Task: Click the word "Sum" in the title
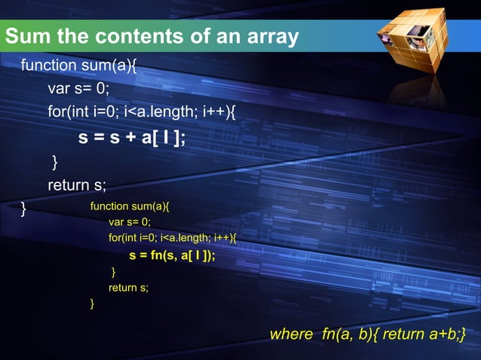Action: click(29, 36)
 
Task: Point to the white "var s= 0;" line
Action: click(78, 89)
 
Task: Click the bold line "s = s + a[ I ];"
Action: click(132, 138)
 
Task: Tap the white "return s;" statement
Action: click(77, 185)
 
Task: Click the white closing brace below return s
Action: click(24, 207)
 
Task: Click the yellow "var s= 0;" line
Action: click(130, 222)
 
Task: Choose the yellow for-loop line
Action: click(173, 238)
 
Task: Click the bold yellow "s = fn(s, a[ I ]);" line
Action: click(172, 255)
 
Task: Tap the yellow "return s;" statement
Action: click(129, 287)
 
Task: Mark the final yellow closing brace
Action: click(92, 304)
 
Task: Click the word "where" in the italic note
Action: click(291, 334)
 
